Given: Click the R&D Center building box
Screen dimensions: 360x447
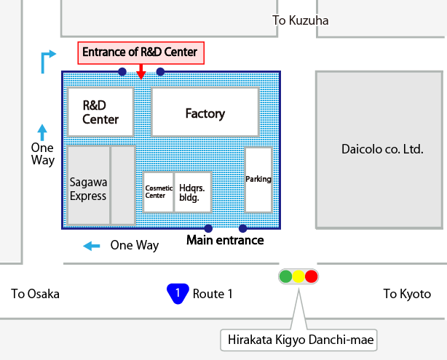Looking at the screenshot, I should [100, 113].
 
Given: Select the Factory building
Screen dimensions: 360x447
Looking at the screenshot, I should [205, 113].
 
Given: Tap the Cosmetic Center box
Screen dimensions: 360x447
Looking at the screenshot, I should [158, 192].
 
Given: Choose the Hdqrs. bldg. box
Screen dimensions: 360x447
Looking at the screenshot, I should [193, 192].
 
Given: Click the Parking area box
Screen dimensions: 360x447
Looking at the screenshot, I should [258, 180].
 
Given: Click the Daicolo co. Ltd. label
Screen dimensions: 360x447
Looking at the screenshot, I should [382, 149].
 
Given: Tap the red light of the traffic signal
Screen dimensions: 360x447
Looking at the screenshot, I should [312, 276].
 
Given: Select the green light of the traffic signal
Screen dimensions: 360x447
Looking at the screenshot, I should [285, 276].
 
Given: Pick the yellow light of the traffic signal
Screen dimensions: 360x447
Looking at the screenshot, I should [298, 276].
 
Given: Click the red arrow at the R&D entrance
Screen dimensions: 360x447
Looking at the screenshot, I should [141, 71].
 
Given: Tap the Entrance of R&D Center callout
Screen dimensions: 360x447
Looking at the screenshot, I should [139, 52].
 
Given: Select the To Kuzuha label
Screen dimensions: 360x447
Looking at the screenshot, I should [301, 20].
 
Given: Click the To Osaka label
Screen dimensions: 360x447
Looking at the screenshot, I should [35, 294].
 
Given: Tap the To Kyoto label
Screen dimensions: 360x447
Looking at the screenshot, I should [407, 294].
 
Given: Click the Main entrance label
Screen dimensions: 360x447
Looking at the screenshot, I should [225, 240].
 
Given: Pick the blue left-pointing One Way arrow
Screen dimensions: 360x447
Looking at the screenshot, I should [92, 246].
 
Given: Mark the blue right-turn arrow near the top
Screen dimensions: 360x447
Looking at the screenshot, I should [47, 61].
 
